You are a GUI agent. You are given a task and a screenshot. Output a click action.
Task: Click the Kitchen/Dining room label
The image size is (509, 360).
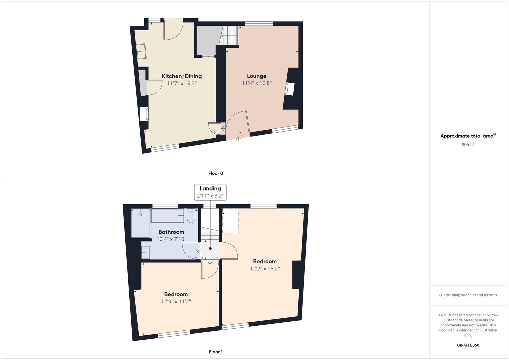pyautogui.click(x=182, y=76)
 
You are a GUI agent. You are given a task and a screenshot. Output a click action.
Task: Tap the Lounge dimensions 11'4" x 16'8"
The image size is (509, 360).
pyautogui.click(x=257, y=83)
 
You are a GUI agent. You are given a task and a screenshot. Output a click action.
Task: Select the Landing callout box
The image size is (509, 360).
pyautogui.click(x=210, y=192)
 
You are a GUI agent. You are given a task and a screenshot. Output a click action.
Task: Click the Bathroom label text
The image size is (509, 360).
pyautogui.click(x=171, y=232)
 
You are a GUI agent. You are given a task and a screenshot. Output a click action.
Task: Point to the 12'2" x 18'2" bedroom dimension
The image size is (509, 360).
pyautogui.click(x=265, y=268)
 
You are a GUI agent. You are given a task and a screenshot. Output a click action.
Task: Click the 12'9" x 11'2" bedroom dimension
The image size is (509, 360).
pyautogui.click(x=176, y=301)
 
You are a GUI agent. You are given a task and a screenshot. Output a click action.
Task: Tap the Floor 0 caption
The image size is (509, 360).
pyautogui.click(x=216, y=173)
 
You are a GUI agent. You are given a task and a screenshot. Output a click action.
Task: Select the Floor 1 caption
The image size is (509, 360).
pyautogui.click(x=216, y=352)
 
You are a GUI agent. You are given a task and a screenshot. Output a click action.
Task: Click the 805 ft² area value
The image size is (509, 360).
pyautogui.click(x=468, y=144)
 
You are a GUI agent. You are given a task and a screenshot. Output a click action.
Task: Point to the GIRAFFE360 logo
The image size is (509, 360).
pyautogui.click(x=468, y=345)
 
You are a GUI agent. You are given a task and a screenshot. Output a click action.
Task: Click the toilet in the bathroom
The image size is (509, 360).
pyautogui.click(x=191, y=216)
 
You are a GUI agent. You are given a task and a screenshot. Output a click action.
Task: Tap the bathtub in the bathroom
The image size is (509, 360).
pyautogui.click(x=167, y=215)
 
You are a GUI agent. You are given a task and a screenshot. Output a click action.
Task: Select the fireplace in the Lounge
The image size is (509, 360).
pyautogui.click(x=290, y=89)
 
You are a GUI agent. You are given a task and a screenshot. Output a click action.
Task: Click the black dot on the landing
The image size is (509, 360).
pyautogui.click(x=210, y=248)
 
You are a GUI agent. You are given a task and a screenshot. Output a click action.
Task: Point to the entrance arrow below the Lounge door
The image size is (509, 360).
pyautogui.click(x=238, y=139)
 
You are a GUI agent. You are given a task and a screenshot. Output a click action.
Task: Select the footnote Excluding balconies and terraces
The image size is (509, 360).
pyautogui.click(x=468, y=295)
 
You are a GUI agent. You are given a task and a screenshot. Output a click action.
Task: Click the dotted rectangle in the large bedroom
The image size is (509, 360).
pyautogui.click(x=230, y=221)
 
